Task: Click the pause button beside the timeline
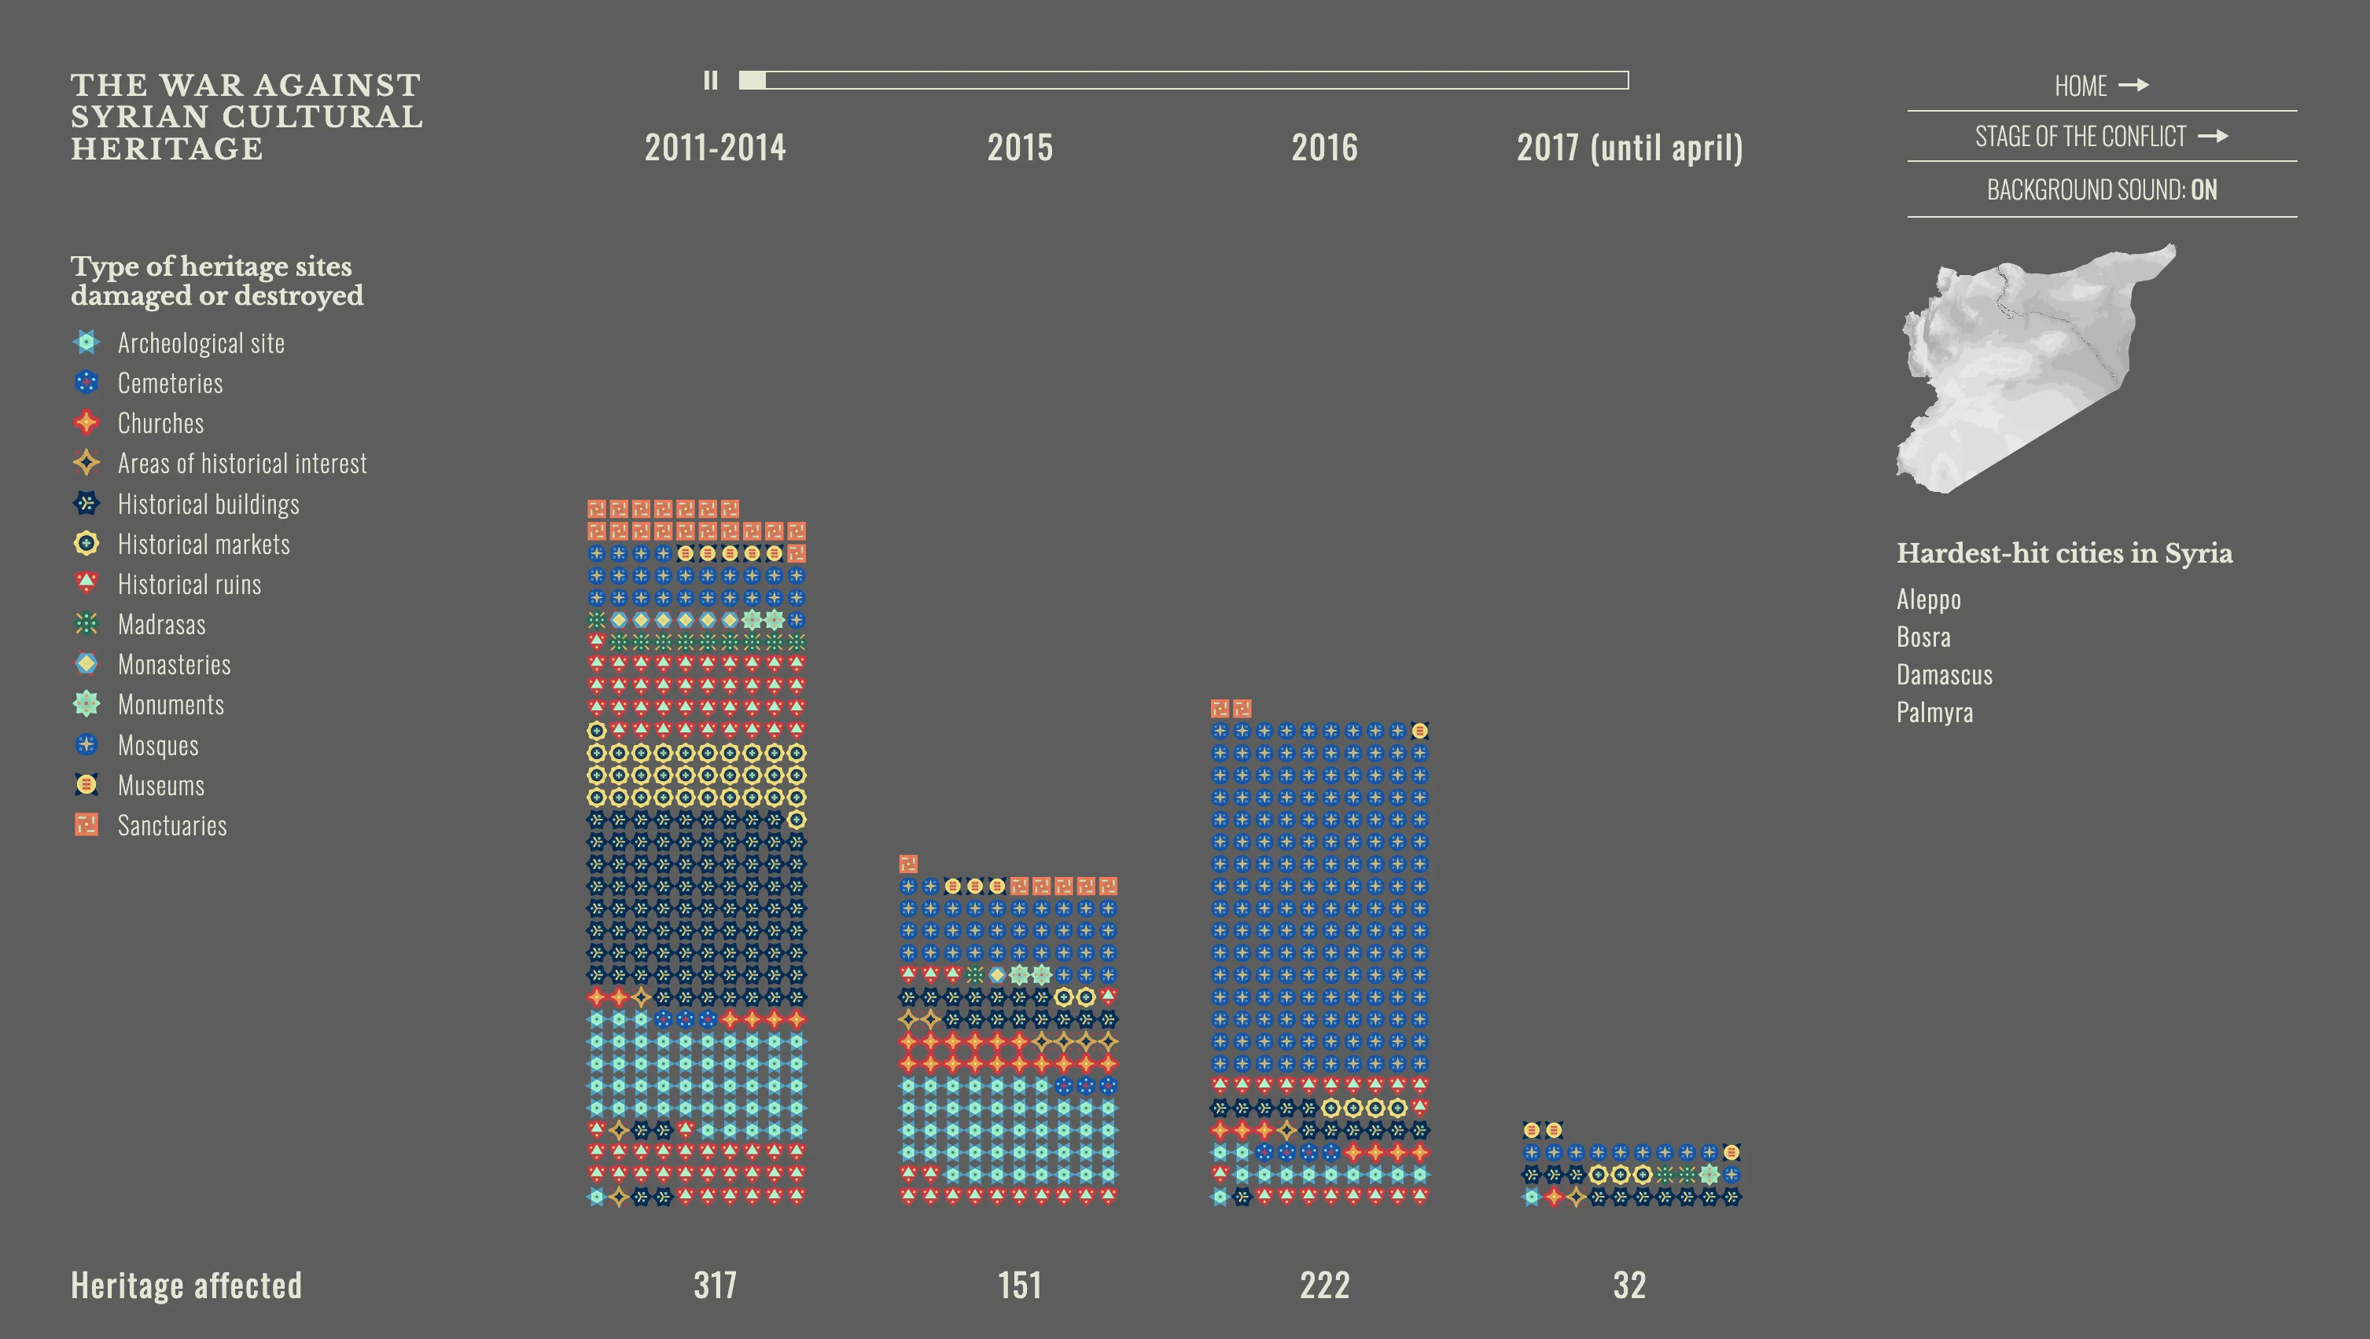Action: (x=710, y=81)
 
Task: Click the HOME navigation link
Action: (x=2101, y=86)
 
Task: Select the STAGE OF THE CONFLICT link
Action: (x=2101, y=137)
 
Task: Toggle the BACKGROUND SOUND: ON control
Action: (x=2101, y=190)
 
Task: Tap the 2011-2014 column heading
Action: (x=715, y=148)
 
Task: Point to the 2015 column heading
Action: (x=1019, y=148)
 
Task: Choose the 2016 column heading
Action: (x=1324, y=148)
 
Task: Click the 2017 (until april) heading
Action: (x=1629, y=148)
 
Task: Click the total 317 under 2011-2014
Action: (x=715, y=1285)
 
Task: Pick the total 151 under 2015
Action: (x=1019, y=1285)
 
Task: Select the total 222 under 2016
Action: (x=1324, y=1285)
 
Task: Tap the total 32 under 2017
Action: (x=1629, y=1285)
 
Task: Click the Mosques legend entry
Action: (x=157, y=745)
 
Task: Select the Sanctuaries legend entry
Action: (x=171, y=826)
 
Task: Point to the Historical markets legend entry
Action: (x=204, y=545)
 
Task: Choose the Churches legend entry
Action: (x=160, y=423)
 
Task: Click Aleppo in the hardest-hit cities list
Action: (x=1928, y=600)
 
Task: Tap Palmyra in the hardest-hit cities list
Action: (x=1934, y=713)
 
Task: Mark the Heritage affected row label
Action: (x=186, y=1285)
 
